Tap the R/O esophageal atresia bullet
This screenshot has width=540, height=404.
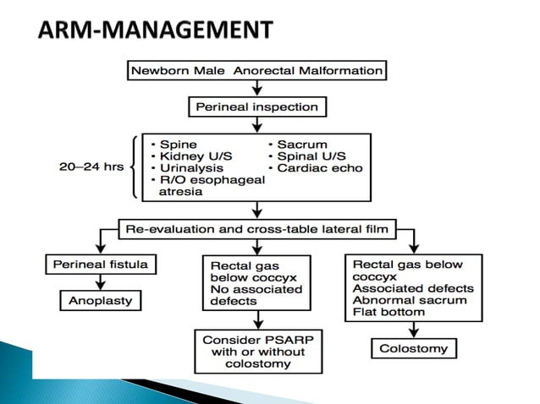click(x=204, y=186)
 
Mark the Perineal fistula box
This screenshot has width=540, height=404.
click(x=100, y=265)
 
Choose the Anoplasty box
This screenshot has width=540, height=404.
click(x=100, y=299)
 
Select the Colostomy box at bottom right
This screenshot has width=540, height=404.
click(x=413, y=347)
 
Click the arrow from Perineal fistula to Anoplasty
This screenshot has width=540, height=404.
click(x=100, y=281)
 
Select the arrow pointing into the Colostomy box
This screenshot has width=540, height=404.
click(x=413, y=331)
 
